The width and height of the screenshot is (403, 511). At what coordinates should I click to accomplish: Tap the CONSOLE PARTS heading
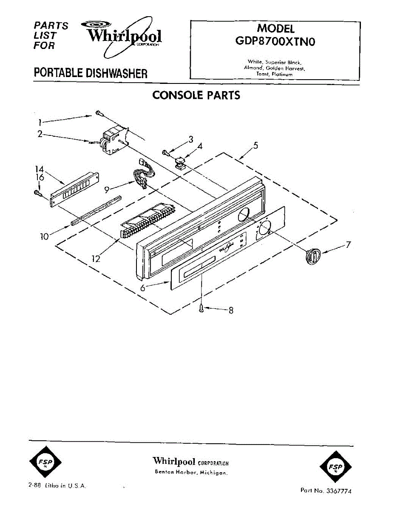click(196, 95)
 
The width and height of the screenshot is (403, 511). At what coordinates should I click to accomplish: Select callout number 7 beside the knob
click(348, 245)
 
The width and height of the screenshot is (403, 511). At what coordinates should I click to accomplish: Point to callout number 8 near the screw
click(231, 310)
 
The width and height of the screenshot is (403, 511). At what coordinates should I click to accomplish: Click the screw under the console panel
click(201, 309)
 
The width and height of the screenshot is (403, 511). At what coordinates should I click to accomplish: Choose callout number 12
click(96, 258)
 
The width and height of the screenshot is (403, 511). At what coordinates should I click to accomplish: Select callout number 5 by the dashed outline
click(255, 145)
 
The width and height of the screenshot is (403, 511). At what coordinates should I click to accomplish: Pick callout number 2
click(40, 134)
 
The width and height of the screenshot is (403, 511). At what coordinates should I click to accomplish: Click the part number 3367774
click(338, 491)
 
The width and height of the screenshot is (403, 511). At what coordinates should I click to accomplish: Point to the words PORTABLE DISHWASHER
click(91, 73)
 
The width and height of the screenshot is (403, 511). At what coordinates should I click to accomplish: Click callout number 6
click(144, 288)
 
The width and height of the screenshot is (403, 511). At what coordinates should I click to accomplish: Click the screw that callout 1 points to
click(98, 113)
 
